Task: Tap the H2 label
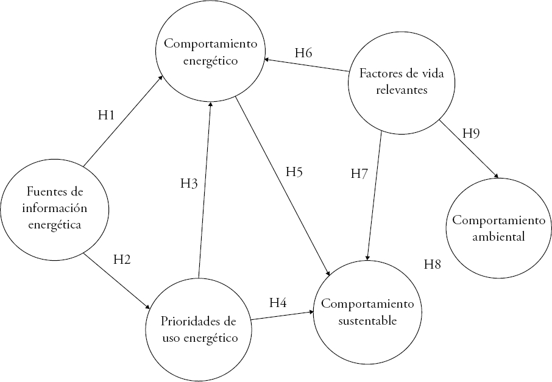point(122,259)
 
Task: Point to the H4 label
point(278,302)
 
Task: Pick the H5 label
point(294,172)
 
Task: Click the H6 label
point(303,52)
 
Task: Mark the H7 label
point(359,173)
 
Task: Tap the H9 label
point(471,133)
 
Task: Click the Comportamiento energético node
point(210,53)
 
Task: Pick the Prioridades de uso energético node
point(198,328)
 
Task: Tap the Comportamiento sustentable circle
point(367,311)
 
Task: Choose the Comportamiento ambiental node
point(498,228)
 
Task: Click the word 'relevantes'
point(394,90)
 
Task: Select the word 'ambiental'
point(498,236)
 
